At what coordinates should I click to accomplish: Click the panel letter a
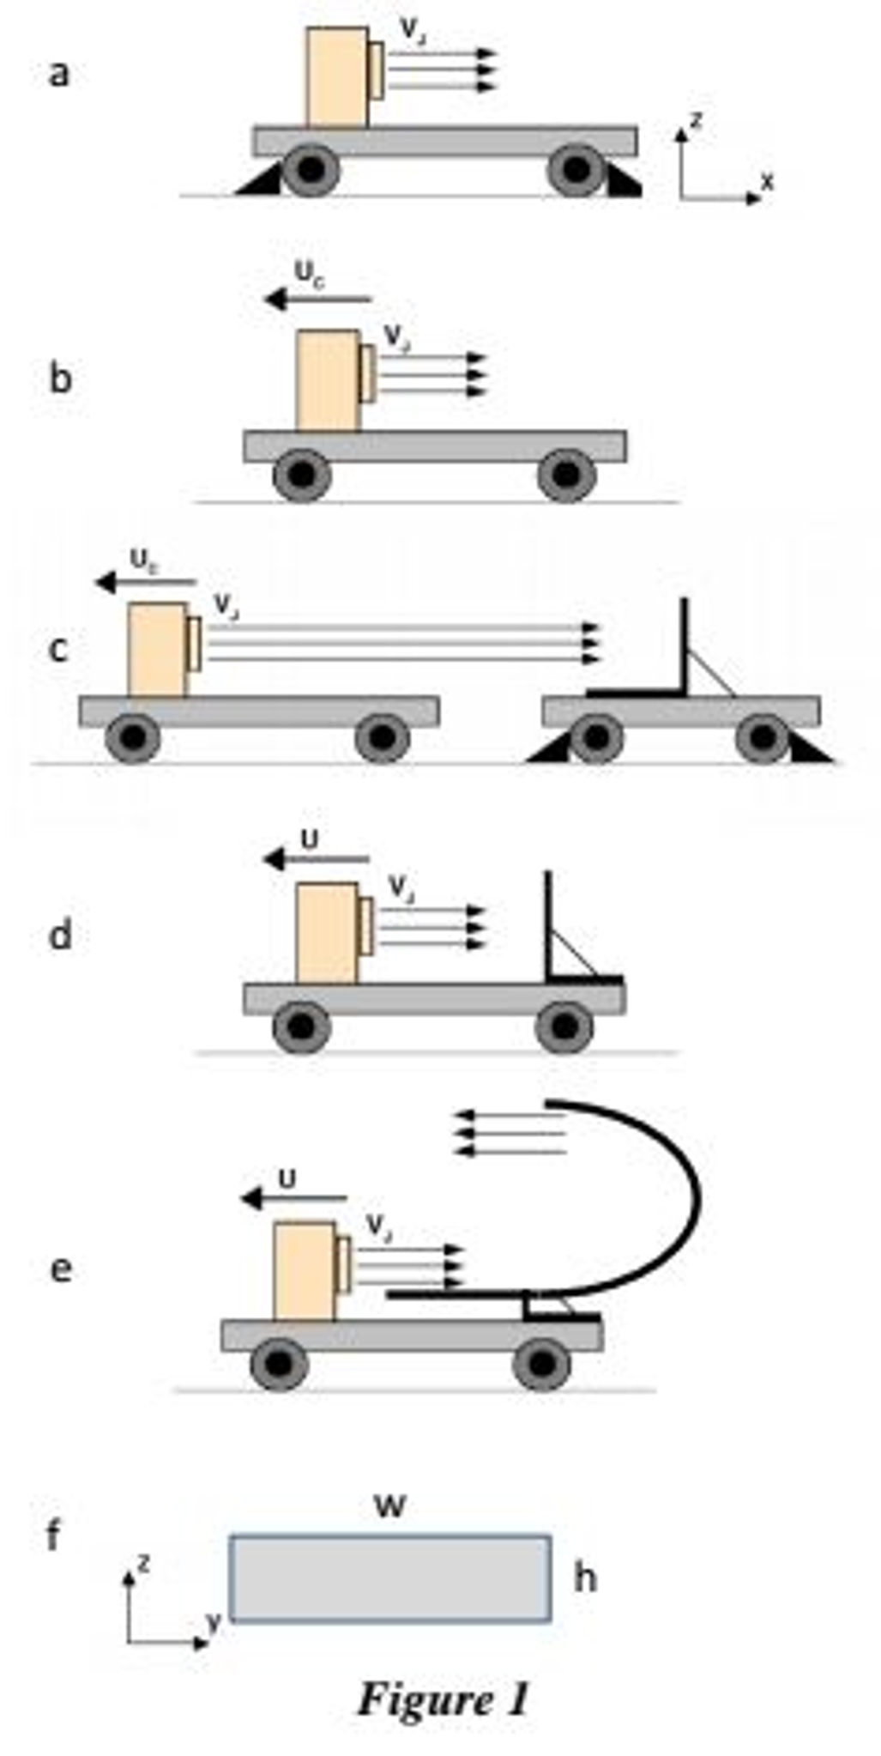pos(57,74)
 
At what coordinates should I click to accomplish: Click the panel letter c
pos(57,650)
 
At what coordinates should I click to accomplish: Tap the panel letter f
pos(53,1534)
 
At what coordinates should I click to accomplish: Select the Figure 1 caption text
pos(443,1698)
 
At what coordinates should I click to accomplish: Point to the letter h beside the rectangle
pos(585,1577)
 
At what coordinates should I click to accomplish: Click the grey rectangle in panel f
pos(390,1578)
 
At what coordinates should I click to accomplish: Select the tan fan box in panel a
pos(338,77)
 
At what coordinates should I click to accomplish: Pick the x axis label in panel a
pos(767,181)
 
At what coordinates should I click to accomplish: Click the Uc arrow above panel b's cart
pos(317,300)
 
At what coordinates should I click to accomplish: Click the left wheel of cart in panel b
pos(302,476)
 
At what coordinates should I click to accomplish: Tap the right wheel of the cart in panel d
pos(564,1026)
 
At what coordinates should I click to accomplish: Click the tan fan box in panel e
pos(305,1271)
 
